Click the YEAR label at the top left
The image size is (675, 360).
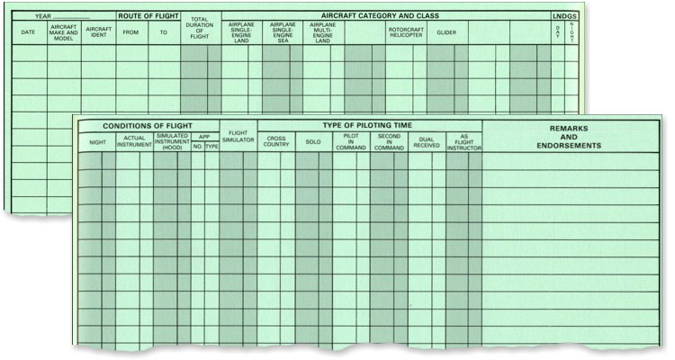(43, 16)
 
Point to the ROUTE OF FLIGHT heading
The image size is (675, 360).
(148, 16)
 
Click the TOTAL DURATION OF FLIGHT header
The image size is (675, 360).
(200, 30)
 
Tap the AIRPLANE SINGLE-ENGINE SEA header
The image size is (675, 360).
(283, 32)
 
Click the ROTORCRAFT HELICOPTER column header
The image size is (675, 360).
(406, 32)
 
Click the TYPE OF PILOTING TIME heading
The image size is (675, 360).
(369, 125)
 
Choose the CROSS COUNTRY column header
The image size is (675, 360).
(276, 142)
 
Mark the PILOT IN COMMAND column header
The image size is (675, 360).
(351, 141)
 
